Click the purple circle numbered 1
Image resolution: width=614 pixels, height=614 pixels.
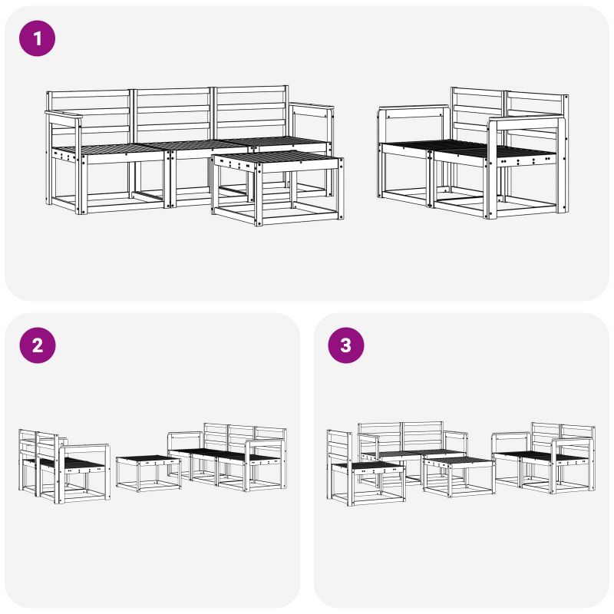coord(37,38)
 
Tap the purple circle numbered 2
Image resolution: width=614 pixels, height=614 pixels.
coord(38,345)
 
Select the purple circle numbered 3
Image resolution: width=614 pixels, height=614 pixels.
coord(346,345)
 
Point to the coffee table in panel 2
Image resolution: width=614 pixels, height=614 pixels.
coord(149,473)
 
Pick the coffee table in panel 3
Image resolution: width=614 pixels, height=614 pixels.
coord(459,477)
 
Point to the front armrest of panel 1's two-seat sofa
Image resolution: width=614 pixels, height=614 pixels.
coord(527,122)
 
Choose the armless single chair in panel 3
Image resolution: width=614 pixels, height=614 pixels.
coord(366,467)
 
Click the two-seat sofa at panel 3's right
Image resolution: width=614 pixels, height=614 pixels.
coord(543,457)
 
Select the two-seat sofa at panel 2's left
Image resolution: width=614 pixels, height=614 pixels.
coord(64,466)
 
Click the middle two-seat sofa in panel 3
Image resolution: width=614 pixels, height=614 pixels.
coord(413,451)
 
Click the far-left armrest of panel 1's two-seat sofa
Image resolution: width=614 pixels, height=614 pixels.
coord(414,108)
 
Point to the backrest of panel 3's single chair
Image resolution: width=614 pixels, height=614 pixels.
coord(340,447)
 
